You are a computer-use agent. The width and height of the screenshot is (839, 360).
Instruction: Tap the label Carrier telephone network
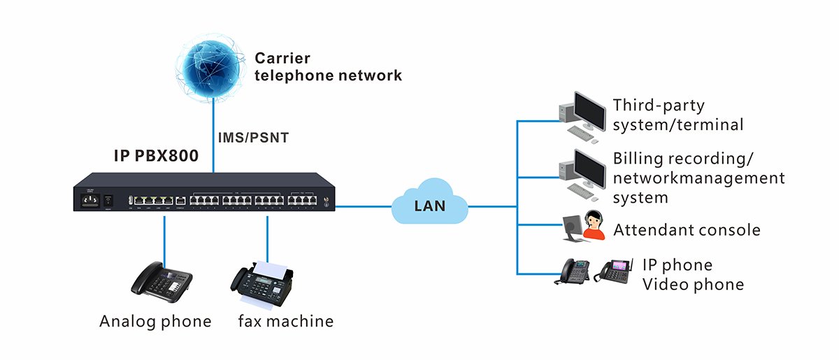click(328, 67)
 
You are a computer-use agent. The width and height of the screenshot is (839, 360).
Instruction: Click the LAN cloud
click(429, 205)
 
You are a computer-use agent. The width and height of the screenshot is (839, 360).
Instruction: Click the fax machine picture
click(265, 283)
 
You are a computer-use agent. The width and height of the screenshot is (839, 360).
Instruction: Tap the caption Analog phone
click(155, 322)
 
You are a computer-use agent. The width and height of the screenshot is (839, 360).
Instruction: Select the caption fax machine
click(285, 322)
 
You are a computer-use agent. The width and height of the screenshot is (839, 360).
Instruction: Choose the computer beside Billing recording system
click(582, 172)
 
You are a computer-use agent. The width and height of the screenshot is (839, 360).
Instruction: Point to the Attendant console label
click(687, 230)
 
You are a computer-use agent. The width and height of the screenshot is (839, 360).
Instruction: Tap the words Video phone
click(693, 285)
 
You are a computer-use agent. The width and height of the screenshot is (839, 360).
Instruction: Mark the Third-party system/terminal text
click(677, 115)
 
